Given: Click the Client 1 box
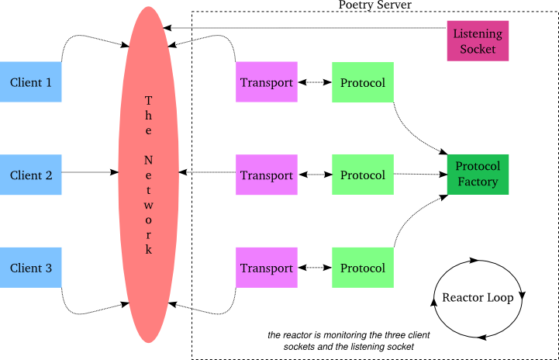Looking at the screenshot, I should coord(31,81).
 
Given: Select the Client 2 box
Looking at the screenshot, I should coord(31,175).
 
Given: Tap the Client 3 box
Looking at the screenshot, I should coord(31,268).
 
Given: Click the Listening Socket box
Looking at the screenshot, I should coord(478,41).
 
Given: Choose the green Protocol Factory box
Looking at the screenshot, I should coord(478,175).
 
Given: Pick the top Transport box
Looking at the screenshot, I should coord(267,81).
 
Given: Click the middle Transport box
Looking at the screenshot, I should coord(267,175).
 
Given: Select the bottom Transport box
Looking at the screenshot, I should coord(267,268).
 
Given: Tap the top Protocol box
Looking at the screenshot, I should coord(362,81).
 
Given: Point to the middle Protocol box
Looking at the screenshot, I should coord(362,175).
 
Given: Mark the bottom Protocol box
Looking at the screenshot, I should coord(362,268).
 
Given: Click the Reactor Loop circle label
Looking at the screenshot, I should coord(478,298).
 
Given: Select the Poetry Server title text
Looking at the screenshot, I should coord(375,5).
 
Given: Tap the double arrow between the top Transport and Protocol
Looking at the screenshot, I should coord(314,81).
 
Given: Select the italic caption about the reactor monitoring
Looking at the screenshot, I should coord(349,341).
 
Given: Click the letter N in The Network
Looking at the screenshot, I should coord(149,158).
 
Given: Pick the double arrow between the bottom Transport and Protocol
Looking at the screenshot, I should coord(314,268).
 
